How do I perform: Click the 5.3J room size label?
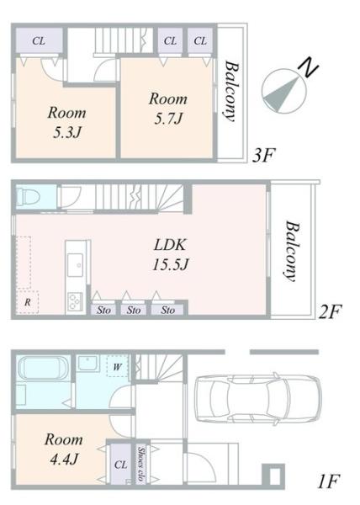coord(67,132)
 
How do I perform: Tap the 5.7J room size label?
coord(168,119)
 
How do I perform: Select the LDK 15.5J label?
coord(170,254)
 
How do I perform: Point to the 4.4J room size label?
coord(64,459)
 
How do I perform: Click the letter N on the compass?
coord(308,67)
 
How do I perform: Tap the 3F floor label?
coord(263,156)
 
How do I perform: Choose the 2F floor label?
coord(330,311)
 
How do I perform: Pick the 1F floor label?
coord(328,482)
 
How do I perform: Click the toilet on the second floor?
coord(28,196)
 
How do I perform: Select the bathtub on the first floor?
coord(43,369)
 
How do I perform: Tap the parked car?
coord(259,399)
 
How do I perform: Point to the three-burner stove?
coord(75,301)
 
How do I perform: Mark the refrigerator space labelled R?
coord(28,302)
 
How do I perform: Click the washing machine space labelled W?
coord(118,366)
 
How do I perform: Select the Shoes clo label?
coord(141,464)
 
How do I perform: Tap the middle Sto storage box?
coord(134,310)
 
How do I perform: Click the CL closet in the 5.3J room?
coord(39,41)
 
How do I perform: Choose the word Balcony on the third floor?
coord(231,92)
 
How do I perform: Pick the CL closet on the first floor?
coord(121,464)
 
